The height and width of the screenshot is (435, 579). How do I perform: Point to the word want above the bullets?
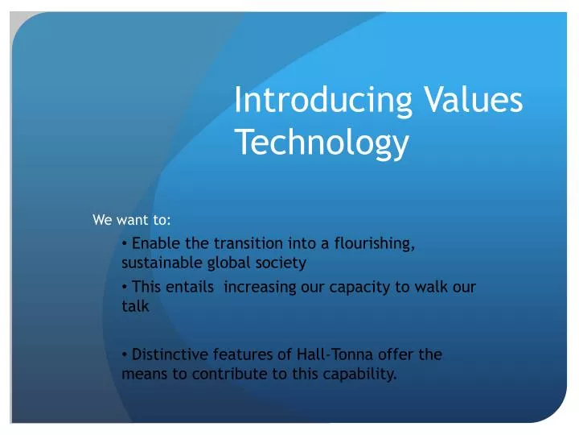128,219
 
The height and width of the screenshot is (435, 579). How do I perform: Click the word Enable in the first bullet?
153,243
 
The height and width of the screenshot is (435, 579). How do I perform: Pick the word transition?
238,243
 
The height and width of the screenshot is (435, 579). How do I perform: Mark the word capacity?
341,286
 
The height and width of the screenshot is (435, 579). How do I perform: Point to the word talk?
135,305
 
